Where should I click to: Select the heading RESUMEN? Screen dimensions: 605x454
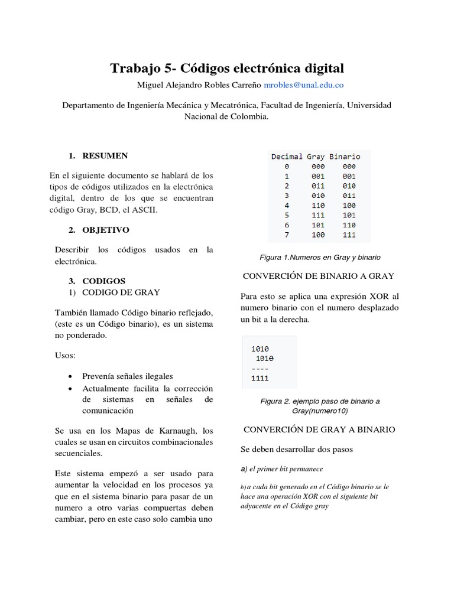pyautogui.click(x=105, y=156)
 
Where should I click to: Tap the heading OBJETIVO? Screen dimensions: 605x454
pyautogui.click(x=105, y=229)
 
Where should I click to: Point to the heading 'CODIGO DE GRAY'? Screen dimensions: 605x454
pyautogui.click(x=121, y=292)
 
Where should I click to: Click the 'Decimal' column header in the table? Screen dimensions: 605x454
pyautogui.click(x=287, y=157)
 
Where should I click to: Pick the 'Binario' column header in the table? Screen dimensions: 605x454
pyautogui.click(x=345, y=157)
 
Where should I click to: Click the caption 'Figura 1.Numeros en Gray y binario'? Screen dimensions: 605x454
pyautogui.click(x=320, y=258)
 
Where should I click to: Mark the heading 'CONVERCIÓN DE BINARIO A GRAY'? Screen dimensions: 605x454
pyautogui.click(x=319, y=276)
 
